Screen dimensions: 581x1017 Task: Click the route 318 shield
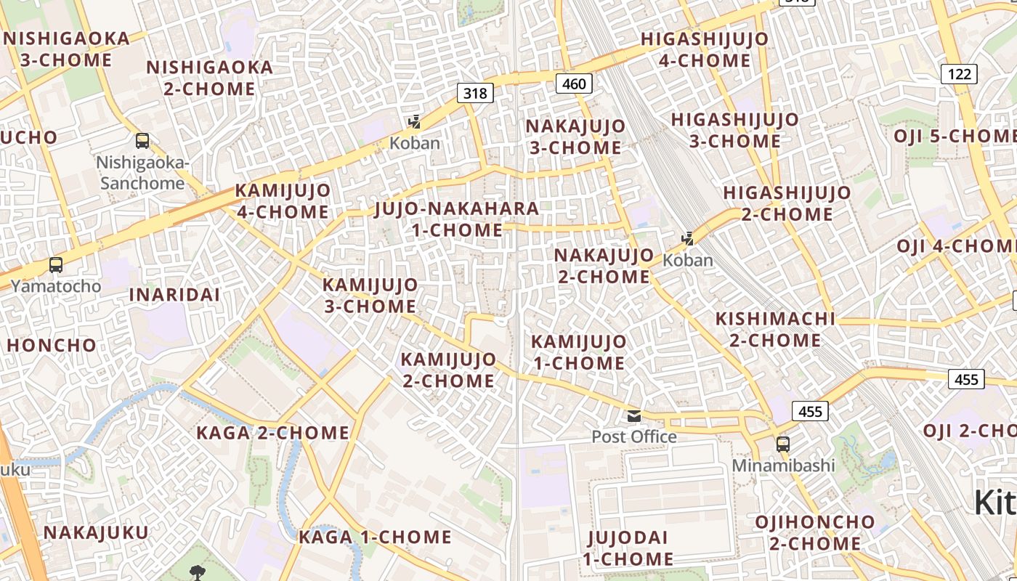click(x=475, y=93)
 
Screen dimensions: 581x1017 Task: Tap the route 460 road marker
click(x=574, y=84)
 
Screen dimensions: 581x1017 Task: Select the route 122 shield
click(x=959, y=73)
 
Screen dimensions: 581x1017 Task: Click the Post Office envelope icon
click(x=634, y=416)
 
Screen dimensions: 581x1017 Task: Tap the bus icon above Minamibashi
click(x=783, y=444)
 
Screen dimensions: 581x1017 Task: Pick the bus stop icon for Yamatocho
click(x=56, y=265)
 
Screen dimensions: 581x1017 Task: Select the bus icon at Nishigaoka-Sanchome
click(x=142, y=141)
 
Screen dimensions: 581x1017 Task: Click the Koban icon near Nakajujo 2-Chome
click(x=687, y=238)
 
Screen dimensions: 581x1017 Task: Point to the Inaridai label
click(x=174, y=295)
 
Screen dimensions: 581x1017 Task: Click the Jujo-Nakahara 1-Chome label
click(x=457, y=219)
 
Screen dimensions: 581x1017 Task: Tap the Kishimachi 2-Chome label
click(x=775, y=329)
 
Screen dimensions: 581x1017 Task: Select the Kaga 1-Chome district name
click(x=375, y=537)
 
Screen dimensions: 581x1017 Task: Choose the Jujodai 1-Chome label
click(x=628, y=548)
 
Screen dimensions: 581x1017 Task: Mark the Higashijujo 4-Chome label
click(x=704, y=49)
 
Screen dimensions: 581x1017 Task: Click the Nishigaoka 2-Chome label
click(x=210, y=78)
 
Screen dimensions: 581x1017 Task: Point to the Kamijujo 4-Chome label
click(x=283, y=201)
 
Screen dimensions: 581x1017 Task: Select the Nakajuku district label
click(x=96, y=532)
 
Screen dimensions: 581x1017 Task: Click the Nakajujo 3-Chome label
click(x=575, y=137)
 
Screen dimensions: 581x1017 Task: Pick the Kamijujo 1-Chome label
click(x=578, y=352)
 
